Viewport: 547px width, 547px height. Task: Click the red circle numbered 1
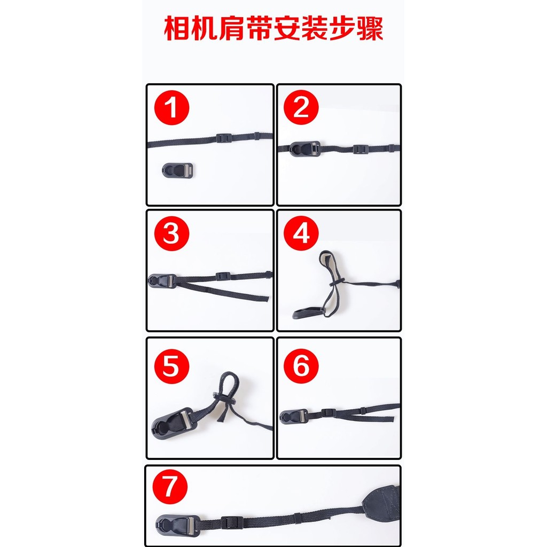171,108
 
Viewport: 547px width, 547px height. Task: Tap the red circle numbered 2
301,107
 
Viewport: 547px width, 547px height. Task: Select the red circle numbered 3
171,233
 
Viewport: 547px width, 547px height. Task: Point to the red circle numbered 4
301,233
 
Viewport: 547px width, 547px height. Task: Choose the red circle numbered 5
171,366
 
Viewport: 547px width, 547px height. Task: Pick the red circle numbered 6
301,365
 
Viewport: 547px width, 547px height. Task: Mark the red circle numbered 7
170,487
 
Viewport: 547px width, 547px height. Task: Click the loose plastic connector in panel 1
177,170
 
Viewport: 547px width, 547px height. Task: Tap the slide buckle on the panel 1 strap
223,138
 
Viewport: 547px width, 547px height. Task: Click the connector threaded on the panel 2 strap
304,149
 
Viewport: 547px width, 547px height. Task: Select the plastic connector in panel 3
162,281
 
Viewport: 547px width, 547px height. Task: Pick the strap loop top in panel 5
229,374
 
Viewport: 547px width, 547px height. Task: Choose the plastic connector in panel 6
294,417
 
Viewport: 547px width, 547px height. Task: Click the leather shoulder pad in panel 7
381,501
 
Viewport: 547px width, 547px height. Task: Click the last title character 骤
370,28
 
